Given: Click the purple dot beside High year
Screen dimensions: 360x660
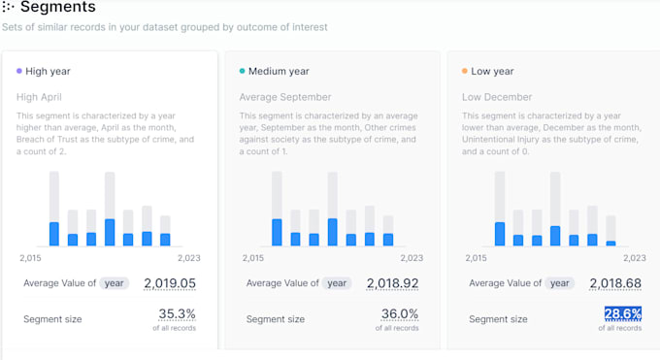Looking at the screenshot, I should (19, 71).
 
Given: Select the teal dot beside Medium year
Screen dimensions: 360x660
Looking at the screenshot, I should (242, 71).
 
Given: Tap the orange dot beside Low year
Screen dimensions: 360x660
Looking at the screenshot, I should (465, 71).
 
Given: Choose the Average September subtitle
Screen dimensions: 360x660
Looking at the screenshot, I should (285, 97).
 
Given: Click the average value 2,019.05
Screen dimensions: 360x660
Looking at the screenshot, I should (170, 283).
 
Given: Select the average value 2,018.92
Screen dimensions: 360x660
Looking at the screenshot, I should (392, 283).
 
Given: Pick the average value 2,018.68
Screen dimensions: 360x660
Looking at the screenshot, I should (615, 283).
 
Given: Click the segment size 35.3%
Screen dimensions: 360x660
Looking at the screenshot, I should (177, 313).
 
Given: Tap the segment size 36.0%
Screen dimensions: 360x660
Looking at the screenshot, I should (400, 313).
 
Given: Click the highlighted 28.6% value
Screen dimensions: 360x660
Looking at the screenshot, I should (623, 313).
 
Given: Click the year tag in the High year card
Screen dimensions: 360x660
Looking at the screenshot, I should (115, 283).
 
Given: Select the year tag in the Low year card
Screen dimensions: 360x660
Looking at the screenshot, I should (559, 283).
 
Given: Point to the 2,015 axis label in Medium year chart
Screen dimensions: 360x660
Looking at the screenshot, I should (251, 258).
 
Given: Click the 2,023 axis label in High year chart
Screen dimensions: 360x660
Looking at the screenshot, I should (188, 258).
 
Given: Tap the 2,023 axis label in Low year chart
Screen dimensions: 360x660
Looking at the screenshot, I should (634, 258).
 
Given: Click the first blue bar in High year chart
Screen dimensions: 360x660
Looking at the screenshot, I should (54, 234).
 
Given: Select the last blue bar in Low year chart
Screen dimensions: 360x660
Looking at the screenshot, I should (610, 243).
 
